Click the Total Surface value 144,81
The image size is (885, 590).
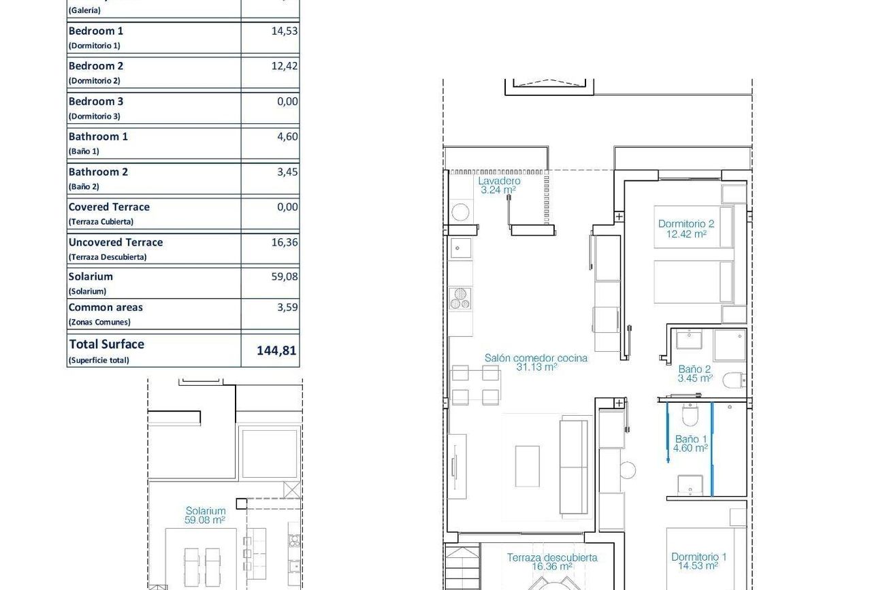pyautogui.click(x=276, y=350)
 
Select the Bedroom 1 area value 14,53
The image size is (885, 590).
pyautogui.click(x=285, y=31)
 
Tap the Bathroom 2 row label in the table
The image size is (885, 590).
pyautogui.click(x=98, y=171)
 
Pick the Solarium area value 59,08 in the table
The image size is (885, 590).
pyautogui.click(x=285, y=276)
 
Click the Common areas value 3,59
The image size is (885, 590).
pyautogui.click(x=287, y=307)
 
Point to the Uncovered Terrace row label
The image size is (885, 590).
pyautogui.click(x=115, y=242)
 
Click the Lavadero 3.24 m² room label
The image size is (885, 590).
pyautogui.click(x=499, y=185)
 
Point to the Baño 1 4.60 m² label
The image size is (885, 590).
pyautogui.click(x=690, y=444)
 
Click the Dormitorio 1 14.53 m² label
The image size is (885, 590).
pyautogui.click(x=698, y=561)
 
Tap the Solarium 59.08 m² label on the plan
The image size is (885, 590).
pyautogui.click(x=205, y=515)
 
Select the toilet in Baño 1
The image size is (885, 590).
pyautogui.click(x=690, y=414)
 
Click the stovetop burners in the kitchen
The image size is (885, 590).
pyautogui.click(x=460, y=299)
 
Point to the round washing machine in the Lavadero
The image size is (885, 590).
pyautogui.click(x=460, y=212)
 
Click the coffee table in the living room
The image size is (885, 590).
pyautogui.click(x=528, y=466)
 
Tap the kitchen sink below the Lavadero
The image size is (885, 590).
pyautogui.click(x=461, y=248)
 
